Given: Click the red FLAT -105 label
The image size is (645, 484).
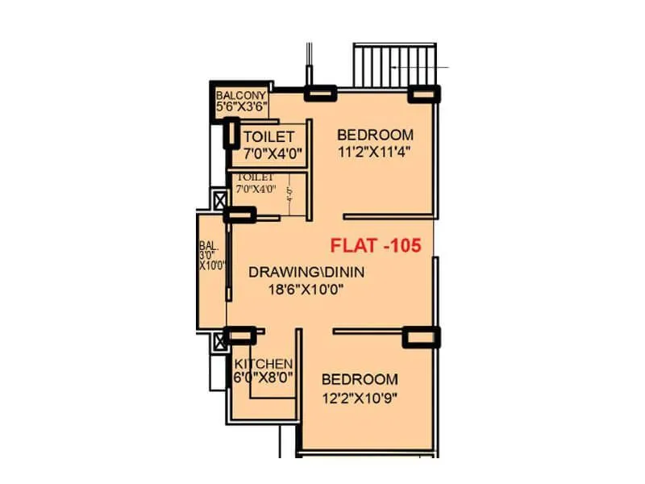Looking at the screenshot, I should (x=377, y=246).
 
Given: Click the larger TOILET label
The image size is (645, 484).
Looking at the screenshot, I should (x=268, y=136).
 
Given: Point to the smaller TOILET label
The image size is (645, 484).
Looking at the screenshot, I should (x=256, y=177).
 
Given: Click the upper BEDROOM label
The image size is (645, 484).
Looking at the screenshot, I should (x=375, y=135).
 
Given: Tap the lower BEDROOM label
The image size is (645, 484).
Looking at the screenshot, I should (x=360, y=379).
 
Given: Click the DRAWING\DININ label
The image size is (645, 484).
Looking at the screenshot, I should (x=306, y=273).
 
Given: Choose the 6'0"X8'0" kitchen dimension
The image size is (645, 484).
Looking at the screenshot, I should (x=263, y=377).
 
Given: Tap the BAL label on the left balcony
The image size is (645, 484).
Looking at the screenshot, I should (x=205, y=247).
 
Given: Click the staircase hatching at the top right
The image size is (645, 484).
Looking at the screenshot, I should (x=396, y=65).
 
